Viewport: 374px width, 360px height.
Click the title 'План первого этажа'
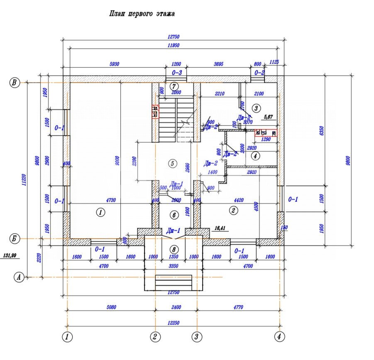point(142,14)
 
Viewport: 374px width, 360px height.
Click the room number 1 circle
point(100,213)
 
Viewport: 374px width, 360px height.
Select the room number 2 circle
point(233,211)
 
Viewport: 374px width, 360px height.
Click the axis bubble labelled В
point(15,83)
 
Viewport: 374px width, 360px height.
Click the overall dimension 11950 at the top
point(173,45)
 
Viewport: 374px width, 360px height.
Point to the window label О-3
point(177,73)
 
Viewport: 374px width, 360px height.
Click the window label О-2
point(259,73)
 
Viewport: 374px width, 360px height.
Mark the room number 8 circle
point(174,250)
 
